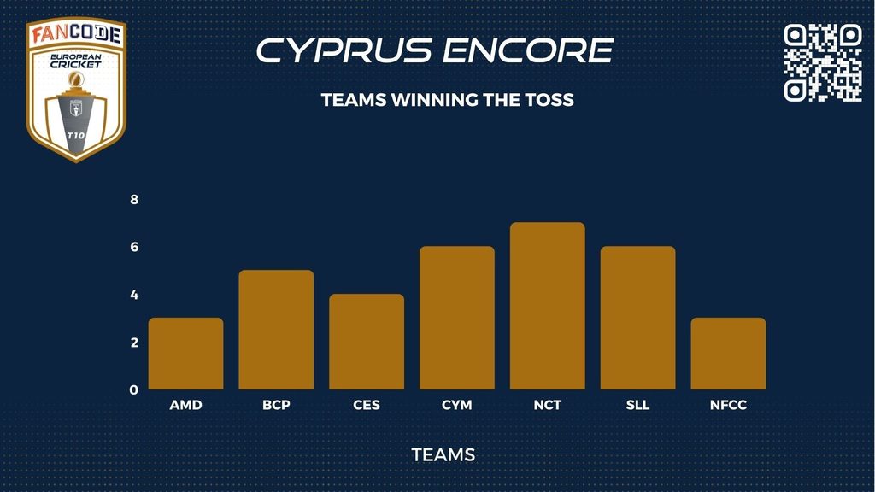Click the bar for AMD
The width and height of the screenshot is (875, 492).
(185, 354)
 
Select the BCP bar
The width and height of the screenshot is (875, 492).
(276, 330)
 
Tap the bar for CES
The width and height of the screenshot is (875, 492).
(367, 342)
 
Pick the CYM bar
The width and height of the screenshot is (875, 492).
(457, 318)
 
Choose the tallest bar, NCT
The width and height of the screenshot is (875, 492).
(548, 306)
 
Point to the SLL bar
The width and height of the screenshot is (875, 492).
(637, 318)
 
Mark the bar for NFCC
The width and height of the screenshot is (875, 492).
(728, 354)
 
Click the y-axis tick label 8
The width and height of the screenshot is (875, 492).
(134, 199)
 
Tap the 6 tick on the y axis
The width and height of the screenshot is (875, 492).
(134, 247)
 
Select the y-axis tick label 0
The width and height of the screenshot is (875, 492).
(134, 389)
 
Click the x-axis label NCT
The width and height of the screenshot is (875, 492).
(548, 405)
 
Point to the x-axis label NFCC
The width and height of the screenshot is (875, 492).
(728, 405)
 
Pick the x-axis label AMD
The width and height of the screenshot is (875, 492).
(185, 405)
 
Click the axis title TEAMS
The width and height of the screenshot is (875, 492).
(443, 455)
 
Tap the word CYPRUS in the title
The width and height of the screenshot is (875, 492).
(344, 50)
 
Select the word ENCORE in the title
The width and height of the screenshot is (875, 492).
(528, 50)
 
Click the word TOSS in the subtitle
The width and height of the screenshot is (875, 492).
(549, 100)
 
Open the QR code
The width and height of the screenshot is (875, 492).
(823, 62)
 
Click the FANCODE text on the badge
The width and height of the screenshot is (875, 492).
(76, 34)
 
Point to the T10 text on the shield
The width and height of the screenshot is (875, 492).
(76, 136)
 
